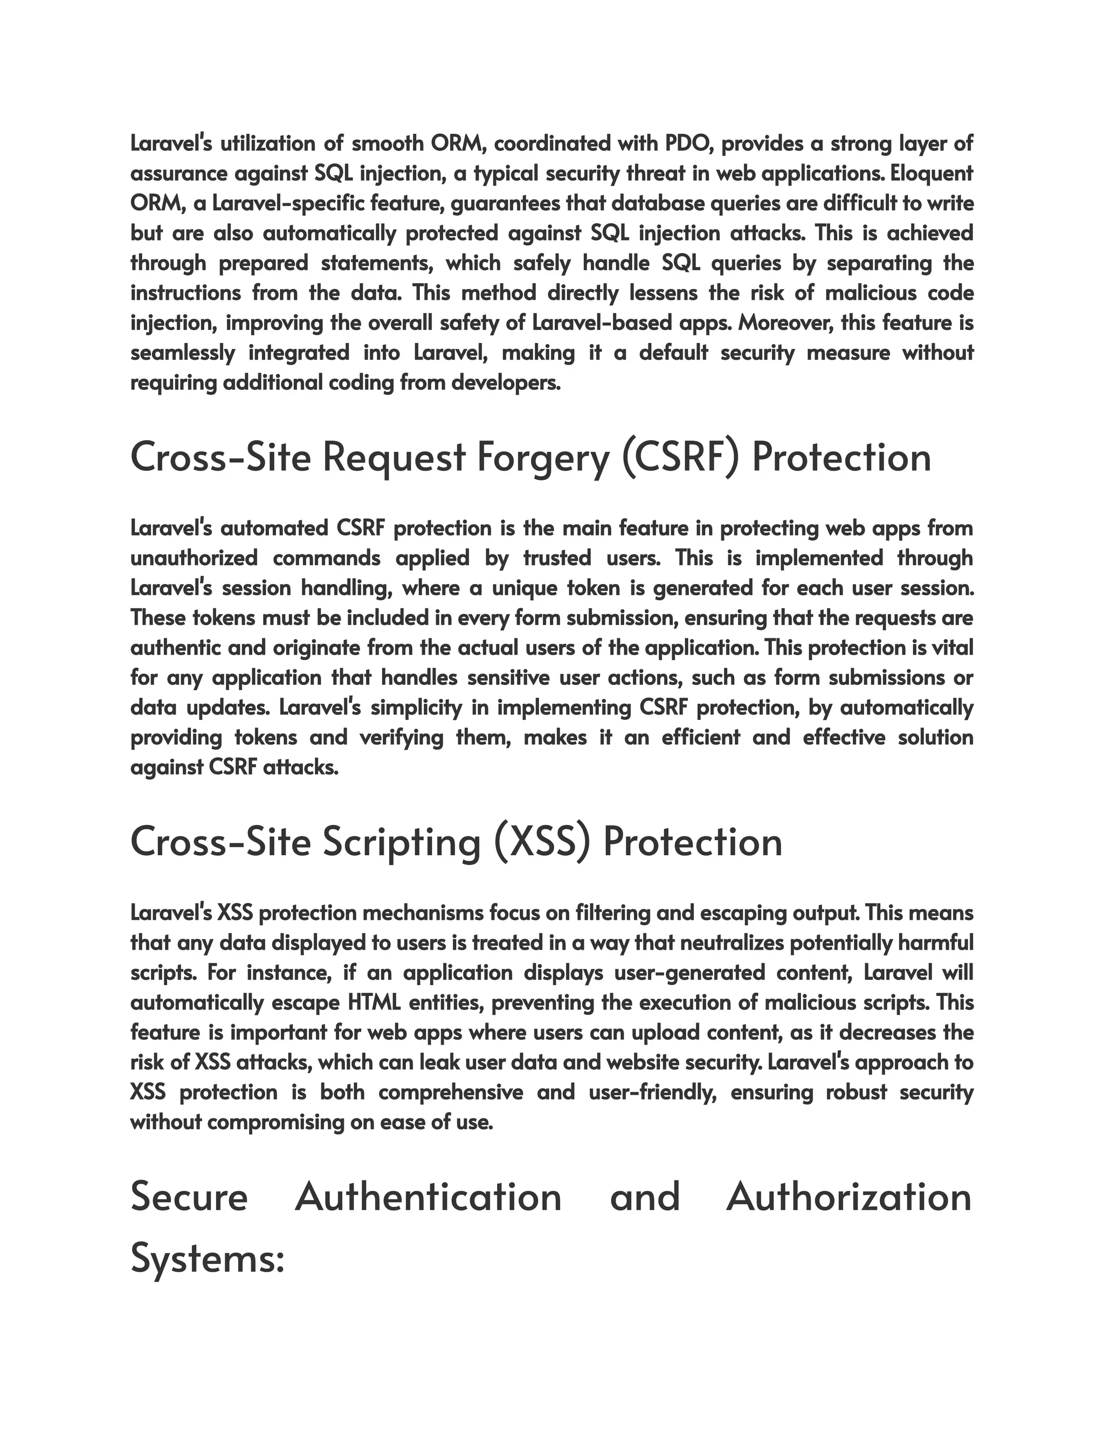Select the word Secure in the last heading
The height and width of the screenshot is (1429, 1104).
(x=189, y=1197)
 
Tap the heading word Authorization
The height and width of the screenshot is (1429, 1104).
(x=848, y=1197)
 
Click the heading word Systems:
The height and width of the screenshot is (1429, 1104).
(x=208, y=1258)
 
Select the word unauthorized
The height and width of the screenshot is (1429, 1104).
(x=194, y=558)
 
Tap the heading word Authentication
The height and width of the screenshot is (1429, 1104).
(x=429, y=1197)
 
